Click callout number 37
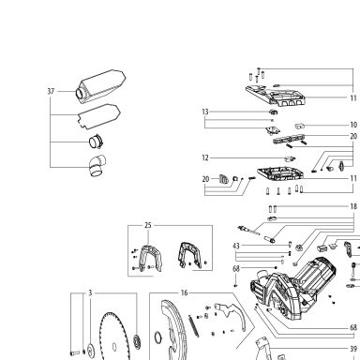[x=51, y=92]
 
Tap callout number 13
[x=205, y=112]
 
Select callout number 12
[x=205, y=158]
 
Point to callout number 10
[x=353, y=125]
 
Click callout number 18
[x=353, y=206]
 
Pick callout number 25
[x=148, y=225]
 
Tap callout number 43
[x=236, y=247]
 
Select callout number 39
[x=353, y=349]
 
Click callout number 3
[x=90, y=293]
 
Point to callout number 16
[x=185, y=293]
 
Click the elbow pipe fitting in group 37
[x=97, y=166]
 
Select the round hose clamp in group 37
[x=96, y=142]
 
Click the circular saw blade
[x=114, y=337]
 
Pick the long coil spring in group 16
[x=193, y=325]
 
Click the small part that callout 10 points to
[x=300, y=126]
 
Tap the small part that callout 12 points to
[x=290, y=158]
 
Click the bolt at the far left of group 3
[x=75, y=353]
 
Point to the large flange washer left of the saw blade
[x=91, y=349]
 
